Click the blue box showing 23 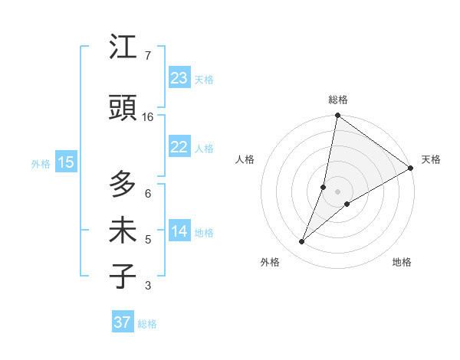(179, 78)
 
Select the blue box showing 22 (179, 147)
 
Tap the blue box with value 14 (179, 232)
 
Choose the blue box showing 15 (66, 162)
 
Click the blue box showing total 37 (122, 322)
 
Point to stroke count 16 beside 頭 (148, 117)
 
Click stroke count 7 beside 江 (148, 56)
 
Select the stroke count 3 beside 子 (148, 286)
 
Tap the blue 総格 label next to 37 (147, 324)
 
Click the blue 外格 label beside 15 (41, 163)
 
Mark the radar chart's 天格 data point (410, 169)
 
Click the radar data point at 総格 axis (337, 116)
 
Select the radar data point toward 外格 (302, 242)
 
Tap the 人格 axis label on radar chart (245, 159)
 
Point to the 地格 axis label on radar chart (402, 262)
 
